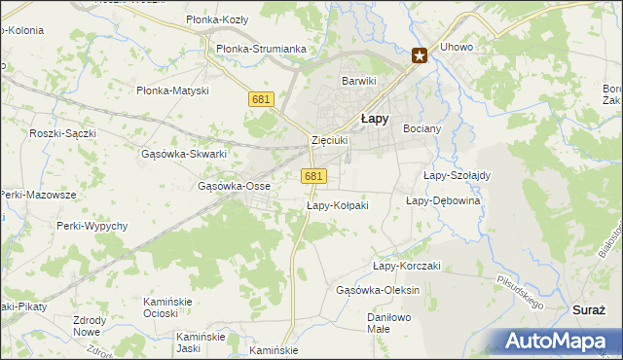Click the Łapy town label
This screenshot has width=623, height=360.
click(x=376, y=119)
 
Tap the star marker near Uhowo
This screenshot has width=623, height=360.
click(x=420, y=56)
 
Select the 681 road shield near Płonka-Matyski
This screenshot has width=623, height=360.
click(x=260, y=100)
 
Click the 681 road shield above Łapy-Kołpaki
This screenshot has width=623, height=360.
click(x=312, y=176)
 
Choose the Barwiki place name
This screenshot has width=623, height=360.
click(x=357, y=81)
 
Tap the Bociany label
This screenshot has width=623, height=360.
click(x=422, y=128)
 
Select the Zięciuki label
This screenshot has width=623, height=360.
click(x=329, y=140)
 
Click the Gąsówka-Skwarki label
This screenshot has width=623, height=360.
click(x=184, y=154)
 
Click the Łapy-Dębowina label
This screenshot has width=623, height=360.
click(x=443, y=200)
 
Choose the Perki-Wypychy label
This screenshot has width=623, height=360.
click(x=92, y=226)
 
